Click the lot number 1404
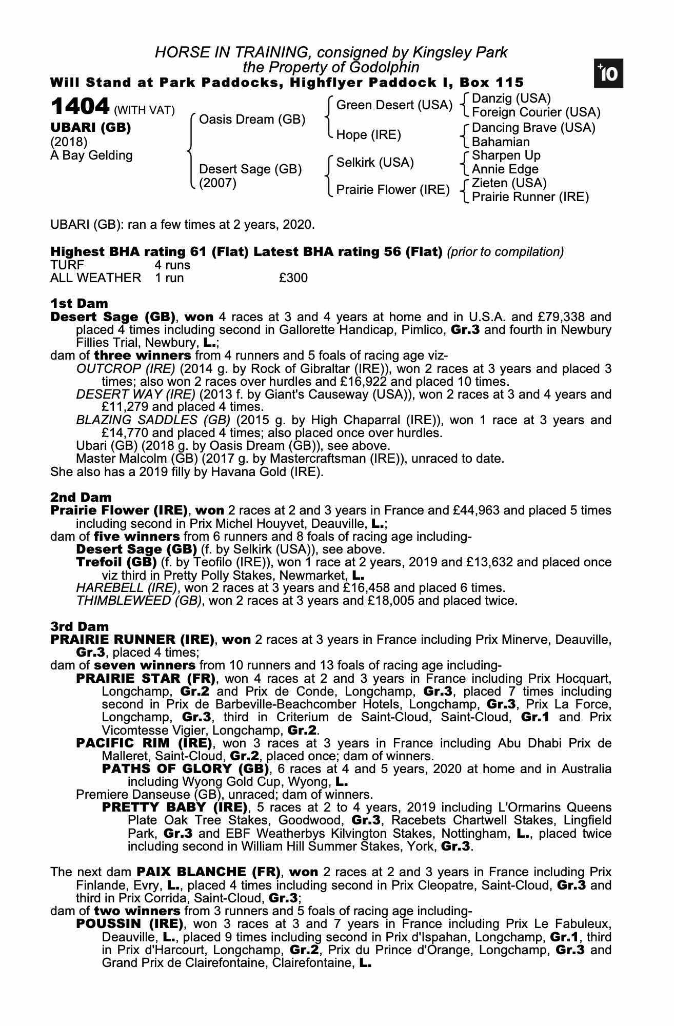[80, 107]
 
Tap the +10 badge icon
[608, 74]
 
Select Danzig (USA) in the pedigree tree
[511, 98]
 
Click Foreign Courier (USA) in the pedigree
[536, 112]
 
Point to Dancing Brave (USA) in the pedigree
[533, 127]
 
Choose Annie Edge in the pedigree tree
[505, 169]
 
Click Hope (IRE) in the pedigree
[368, 134]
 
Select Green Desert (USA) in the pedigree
[394, 105]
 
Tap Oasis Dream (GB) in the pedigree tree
[252, 120]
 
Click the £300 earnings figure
[293, 278]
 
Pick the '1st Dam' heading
[79, 303]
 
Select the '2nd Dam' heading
[81, 497]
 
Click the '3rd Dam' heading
[80, 626]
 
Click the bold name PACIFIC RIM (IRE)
[144, 743]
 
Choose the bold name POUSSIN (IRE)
[129, 924]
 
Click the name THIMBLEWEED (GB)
[138, 600]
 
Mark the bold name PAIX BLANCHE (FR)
[208, 872]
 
